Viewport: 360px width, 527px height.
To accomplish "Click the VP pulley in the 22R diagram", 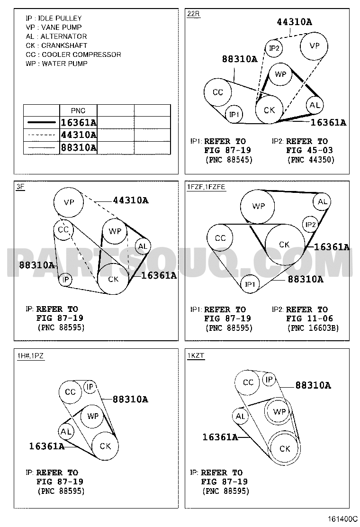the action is (x=314, y=46).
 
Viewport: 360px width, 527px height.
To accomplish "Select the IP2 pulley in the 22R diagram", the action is (x=274, y=48).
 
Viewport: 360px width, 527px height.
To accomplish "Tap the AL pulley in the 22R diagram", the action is (x=315, y=105).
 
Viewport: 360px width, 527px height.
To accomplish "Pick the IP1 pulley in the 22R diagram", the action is (x=234, y=114).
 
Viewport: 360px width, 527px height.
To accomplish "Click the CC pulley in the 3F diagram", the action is (x=63, y=230).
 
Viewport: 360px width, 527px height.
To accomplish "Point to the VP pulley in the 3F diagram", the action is (x=69, y=202).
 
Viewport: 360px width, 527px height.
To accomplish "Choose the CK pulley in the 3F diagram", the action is (x=113, y=279).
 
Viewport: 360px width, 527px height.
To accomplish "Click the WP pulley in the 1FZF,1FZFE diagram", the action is (x=258, y=206).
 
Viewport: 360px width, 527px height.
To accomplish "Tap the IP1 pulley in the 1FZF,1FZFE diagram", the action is (x=250, y=284).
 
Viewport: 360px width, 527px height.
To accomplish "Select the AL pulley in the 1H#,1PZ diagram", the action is (x=66, y=432).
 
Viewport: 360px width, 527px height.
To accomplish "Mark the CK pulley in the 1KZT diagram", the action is (x=284, y=449).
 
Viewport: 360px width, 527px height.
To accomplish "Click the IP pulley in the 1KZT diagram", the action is (x=269, y=380).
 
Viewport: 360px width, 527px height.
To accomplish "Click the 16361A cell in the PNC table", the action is (x=78, y=122).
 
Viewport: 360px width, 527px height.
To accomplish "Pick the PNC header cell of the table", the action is (x=78, y=110).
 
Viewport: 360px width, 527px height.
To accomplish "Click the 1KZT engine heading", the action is (x=196, y=355).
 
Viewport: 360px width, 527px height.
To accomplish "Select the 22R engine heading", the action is (x=193, y=14).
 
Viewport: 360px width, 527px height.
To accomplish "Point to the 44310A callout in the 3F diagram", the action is (x=131, y=200).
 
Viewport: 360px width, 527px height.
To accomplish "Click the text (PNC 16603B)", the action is (x=313, y=327).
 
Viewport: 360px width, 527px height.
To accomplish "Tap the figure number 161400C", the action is (x=340, y=518).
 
